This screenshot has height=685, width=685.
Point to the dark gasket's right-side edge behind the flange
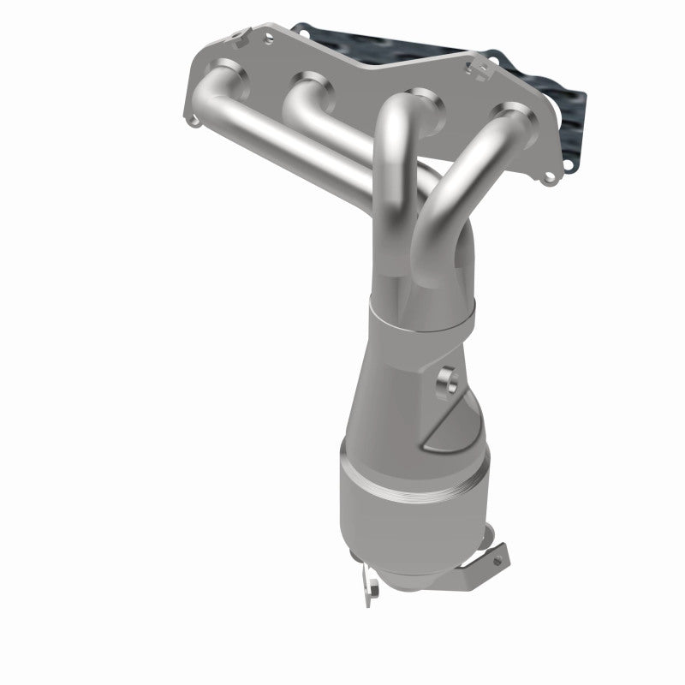(x=579, y=128)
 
